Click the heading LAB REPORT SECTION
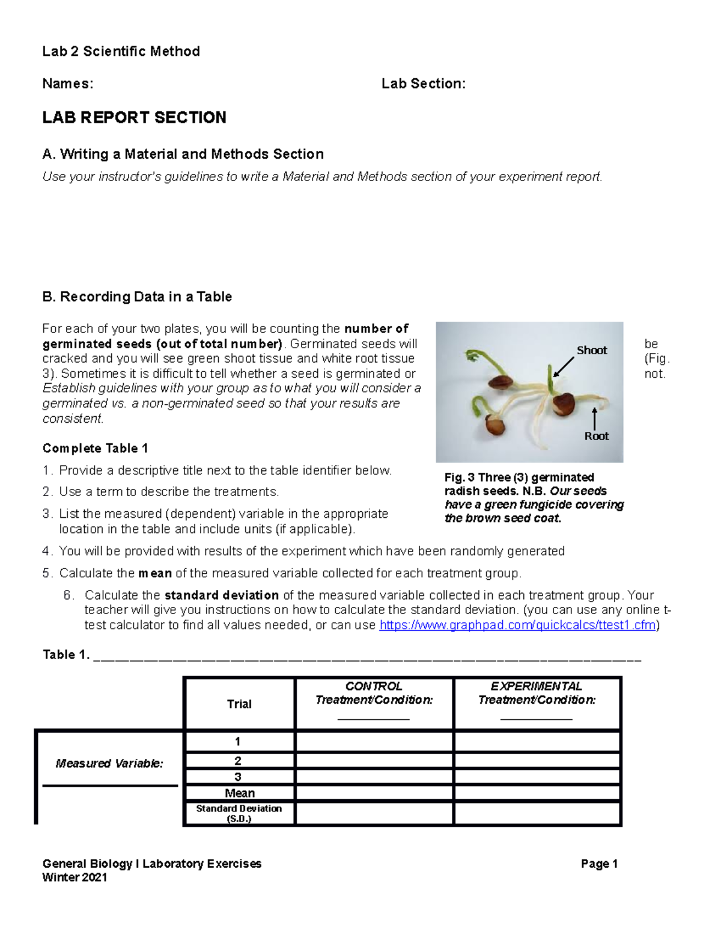tap(134, 117)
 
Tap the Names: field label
tap(67, 84)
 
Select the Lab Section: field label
tap(423, 84)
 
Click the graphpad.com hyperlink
tap(518, 625)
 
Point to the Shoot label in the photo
tap(591, 350)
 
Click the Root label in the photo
tap(596, 436)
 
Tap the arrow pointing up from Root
tap(594, 418)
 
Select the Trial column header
tap(239, 704)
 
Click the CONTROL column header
tap(374, 686)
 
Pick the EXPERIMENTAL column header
tap(537, 686)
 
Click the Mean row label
tap(239, 793)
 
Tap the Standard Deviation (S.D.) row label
tap(239, 813)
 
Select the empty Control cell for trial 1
tap(374, 742)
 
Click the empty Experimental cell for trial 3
tap(537, 777)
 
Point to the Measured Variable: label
tap(109, 763)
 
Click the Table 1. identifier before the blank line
tap(66, 654)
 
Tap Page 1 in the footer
tap(599, 864)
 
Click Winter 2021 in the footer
tap(75, 877)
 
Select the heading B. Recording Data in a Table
tap(137, 296)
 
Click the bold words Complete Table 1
tap(95, 448)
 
